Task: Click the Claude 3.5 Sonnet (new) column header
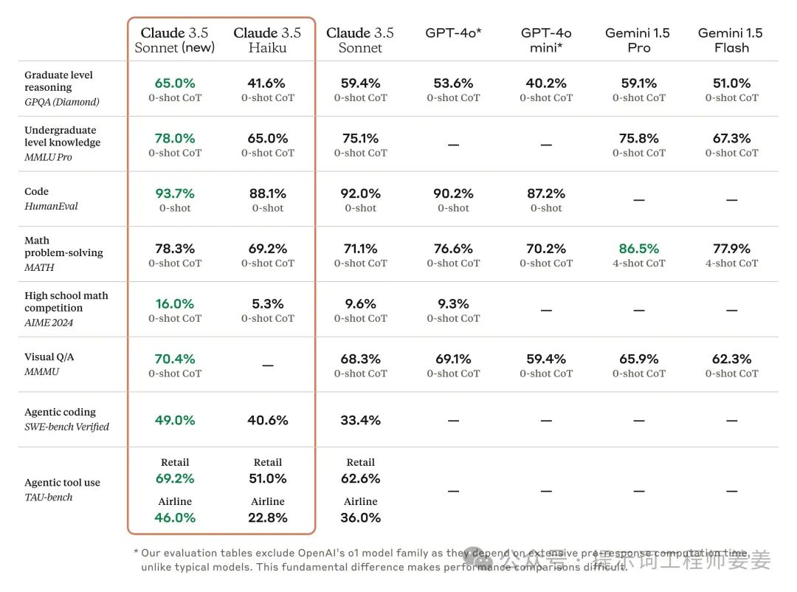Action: click(x=175, y=40)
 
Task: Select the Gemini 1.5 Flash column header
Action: click(x=731, y=40)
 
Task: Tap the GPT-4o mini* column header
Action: click(x=546, y=40)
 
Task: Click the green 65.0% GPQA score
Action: click(x=175, y=83)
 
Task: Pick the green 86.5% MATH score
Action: click(x=638, y=249)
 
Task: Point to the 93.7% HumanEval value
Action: click(x=175, y=193)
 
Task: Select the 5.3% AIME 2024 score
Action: click(x=267, y=303)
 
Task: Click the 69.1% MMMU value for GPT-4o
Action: click(x=453, y=359)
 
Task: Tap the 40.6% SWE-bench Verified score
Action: click(x=267, y=420)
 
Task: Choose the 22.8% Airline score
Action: click(x=267, y=517)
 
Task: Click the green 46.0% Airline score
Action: click(x=175, y=517)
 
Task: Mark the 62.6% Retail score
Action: click(x=360, y=478)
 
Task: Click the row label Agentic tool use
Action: click(x=62, y=483)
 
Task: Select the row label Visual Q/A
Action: click(x=49, y=357)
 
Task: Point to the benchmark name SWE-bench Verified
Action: click(x=66, y=427)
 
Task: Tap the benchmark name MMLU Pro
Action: click(x=49, y=157)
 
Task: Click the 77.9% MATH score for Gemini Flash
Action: click(x=731, y=249)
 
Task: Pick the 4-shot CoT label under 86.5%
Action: click(x=639, y=264)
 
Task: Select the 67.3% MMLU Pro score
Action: click(x=731, y=138)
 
